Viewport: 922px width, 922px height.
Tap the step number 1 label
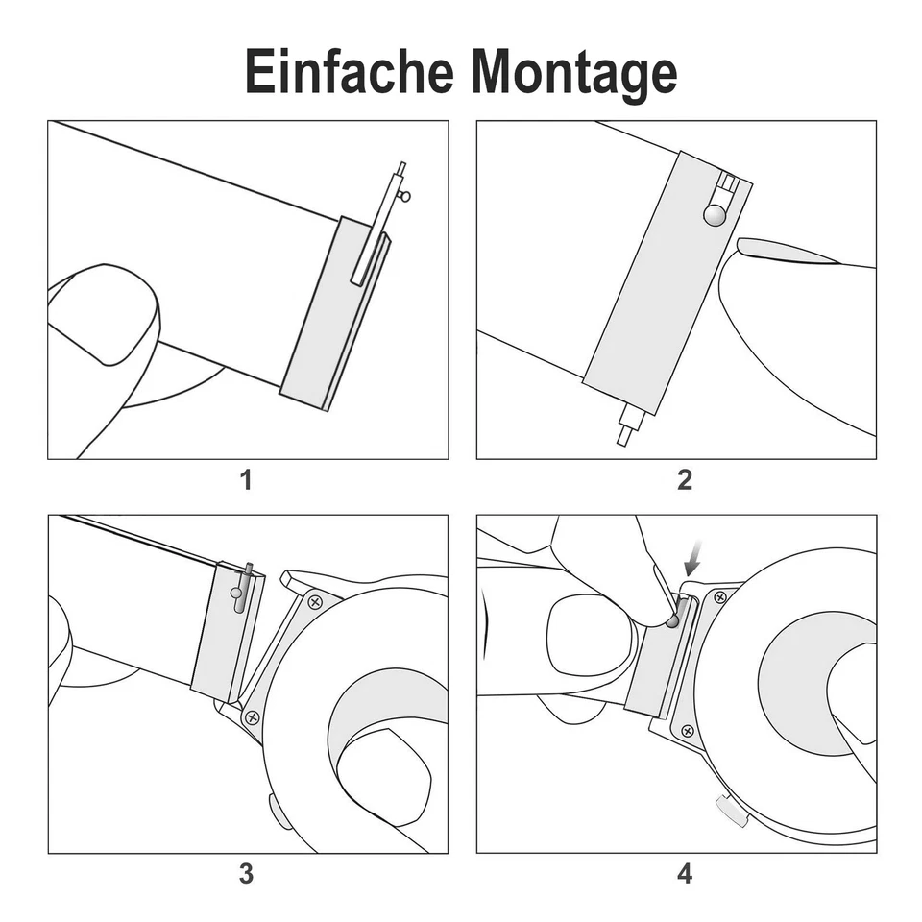tap(246, 479)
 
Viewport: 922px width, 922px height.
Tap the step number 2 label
tap(684, 479)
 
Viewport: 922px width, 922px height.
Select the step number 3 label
tap(246, 874)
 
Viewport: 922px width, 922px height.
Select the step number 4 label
tap(684, 874)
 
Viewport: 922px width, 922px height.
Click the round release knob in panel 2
tap(714, 214)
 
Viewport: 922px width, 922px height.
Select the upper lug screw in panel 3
tap(314, 602)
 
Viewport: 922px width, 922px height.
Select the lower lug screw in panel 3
tap(252, 716)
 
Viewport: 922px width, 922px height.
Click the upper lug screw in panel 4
tap(720, 596)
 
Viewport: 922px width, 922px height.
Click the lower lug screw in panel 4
tap(688, 731)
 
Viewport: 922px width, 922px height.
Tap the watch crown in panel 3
tap(274, 812)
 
